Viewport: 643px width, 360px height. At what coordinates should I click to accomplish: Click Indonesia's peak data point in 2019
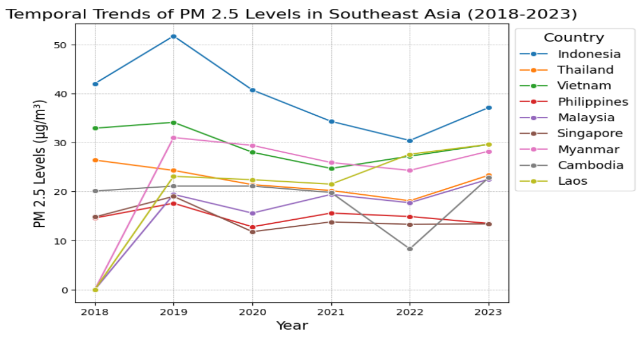pyautogui.click(x=173, y=36)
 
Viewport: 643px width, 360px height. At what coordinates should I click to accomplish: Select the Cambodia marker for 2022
pyautogui.click(x=410, y=249)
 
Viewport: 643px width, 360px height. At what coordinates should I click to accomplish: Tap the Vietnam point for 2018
pyautogui.click(x=95, y=128)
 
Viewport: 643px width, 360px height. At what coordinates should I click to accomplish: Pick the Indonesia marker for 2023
pyautogui.click(x=489, y=108)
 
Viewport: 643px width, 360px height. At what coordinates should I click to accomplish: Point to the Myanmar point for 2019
pyautogui.click(x=173, y=138)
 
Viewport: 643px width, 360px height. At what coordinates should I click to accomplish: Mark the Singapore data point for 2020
pyautogui.click(x=252, y=232)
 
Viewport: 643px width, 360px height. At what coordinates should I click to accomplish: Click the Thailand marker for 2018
pyautogui.click(x=95, y=160)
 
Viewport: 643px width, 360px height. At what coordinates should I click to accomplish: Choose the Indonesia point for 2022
pyautogui.click(x=410, y=141)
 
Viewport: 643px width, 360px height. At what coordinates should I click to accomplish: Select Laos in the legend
pyautogui.click(x=572, y=181)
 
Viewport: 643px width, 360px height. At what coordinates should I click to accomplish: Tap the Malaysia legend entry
pyautogui.click(x=586, y=118)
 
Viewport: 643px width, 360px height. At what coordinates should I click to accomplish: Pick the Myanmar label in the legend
pyautogui.click(x=588, y=149)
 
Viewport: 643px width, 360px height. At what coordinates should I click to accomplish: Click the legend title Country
pyautogui.click(x=574, y=38)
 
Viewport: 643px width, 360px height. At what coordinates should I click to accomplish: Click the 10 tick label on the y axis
pyautogui.click(x=64, y=241)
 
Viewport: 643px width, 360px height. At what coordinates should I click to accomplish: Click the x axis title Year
pyautogui.click(x=292, y=326)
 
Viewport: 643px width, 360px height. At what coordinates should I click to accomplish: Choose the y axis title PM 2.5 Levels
pyautogui.click(x=40, y=173)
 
